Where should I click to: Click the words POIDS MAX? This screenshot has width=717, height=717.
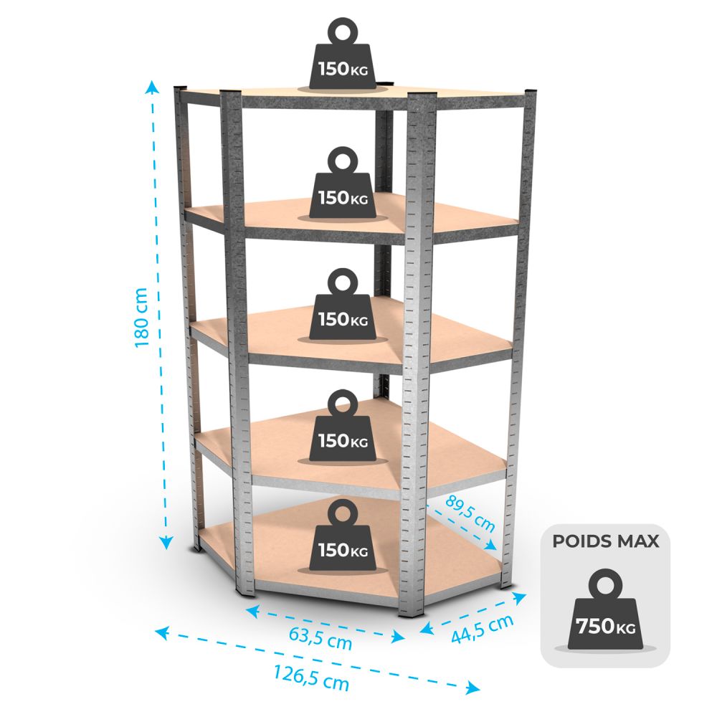click(605, 541)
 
